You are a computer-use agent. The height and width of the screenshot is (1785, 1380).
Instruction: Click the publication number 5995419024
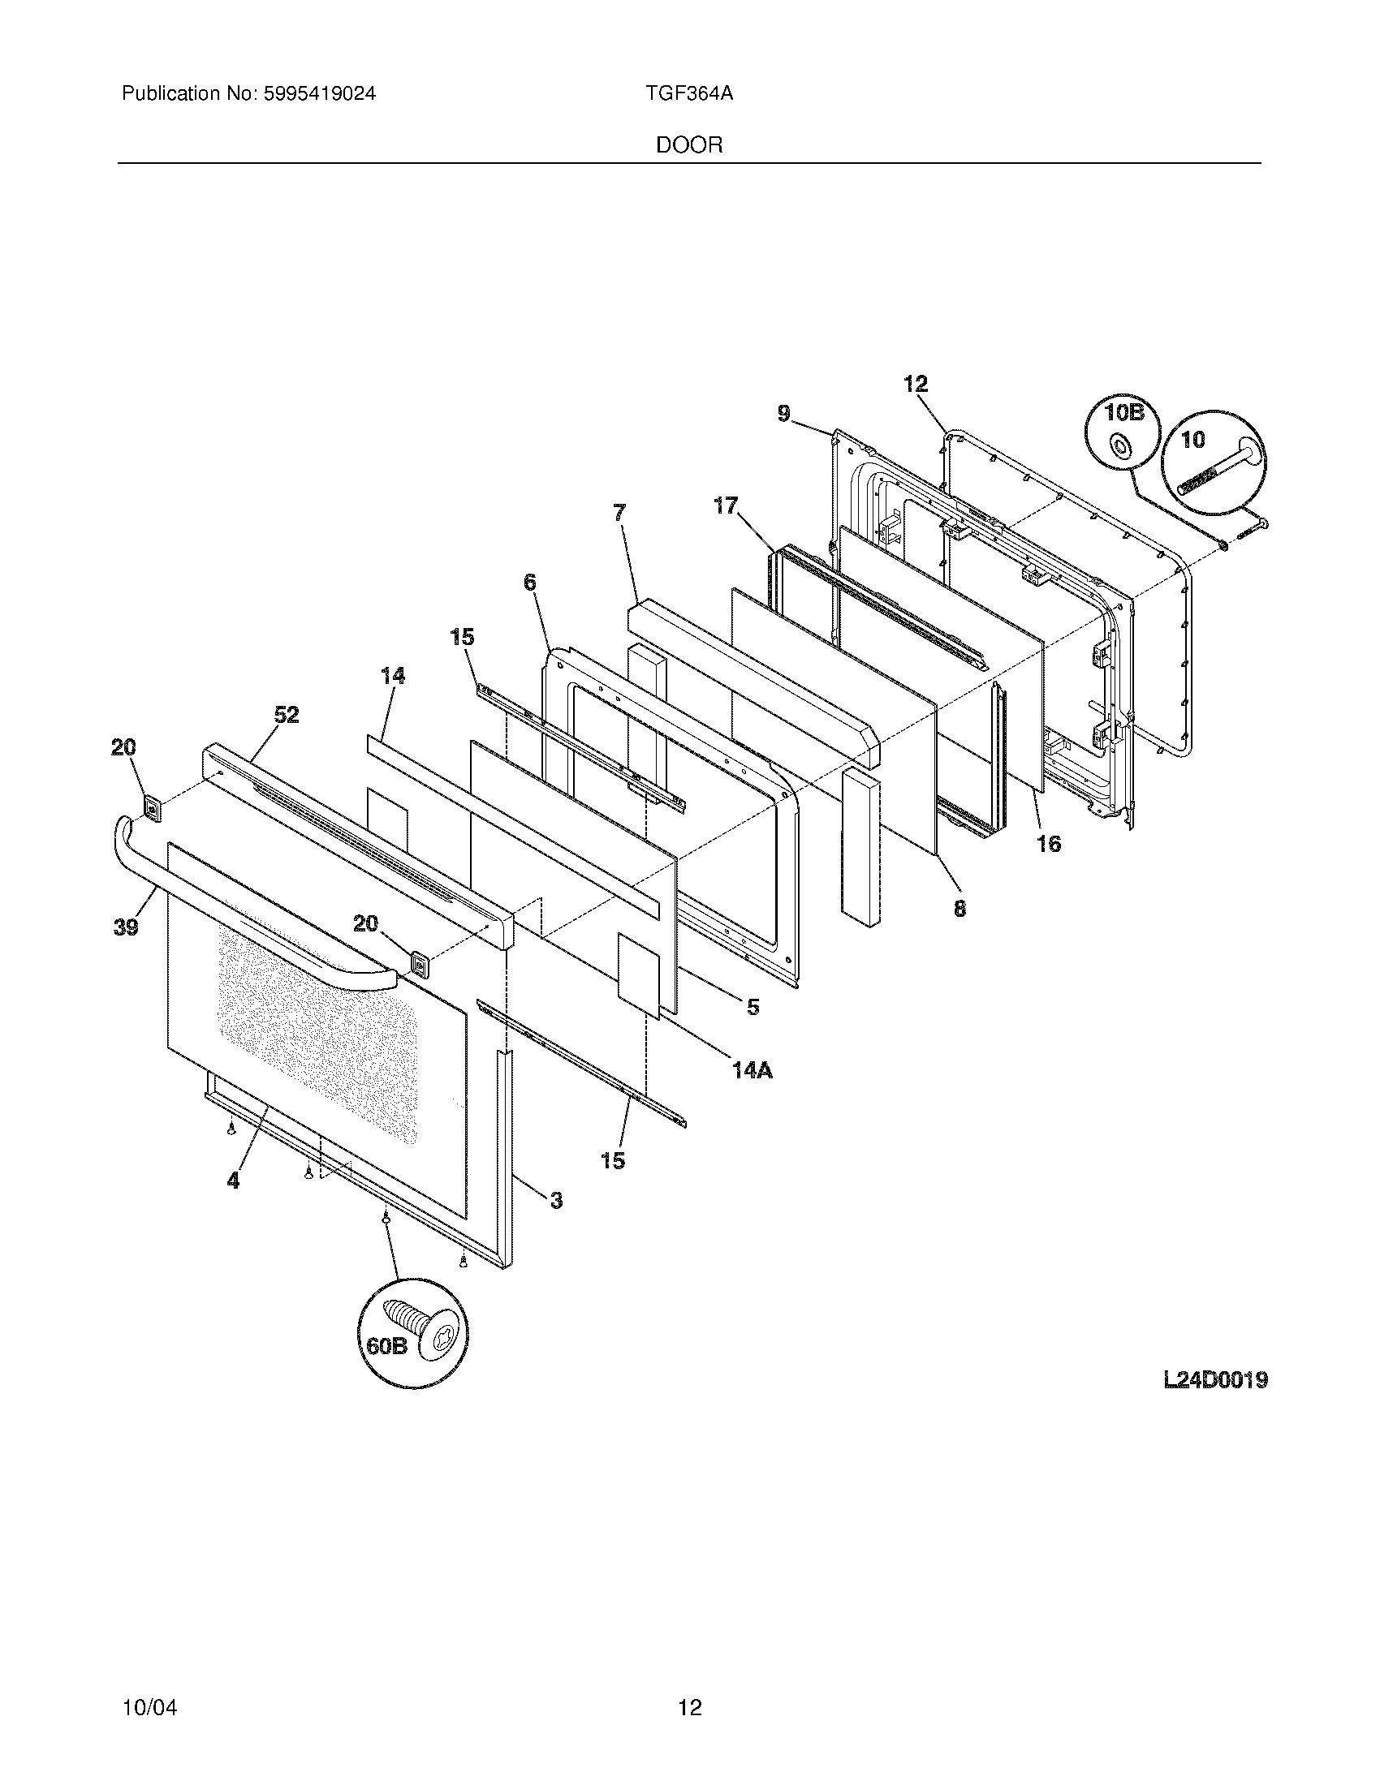click(x=319, y=94)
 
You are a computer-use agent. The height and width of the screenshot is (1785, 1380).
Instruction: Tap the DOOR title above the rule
click(x=689, y=145)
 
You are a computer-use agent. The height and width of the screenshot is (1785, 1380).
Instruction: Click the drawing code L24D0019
click(x=1215, y=1380)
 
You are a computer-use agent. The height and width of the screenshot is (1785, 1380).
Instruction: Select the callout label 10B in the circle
click(x=1123, y=413)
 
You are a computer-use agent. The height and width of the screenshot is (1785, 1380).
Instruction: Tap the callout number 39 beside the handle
click(x=126, y=927)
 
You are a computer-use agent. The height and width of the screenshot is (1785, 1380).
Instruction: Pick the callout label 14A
click(x=752, y=1069)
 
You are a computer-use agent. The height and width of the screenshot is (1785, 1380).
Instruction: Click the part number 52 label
click(x=286, y=715)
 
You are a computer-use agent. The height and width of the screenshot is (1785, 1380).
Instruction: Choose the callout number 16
click(x=1049, y=844)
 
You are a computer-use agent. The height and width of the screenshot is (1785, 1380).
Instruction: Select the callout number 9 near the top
click(x=783, y=415)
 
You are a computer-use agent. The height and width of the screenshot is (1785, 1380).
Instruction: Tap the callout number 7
click(x=619, y=513)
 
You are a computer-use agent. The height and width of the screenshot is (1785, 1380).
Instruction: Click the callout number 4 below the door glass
click(x=234, y=1180)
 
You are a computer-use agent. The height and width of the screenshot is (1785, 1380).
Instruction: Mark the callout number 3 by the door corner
click(x=556, y=1200)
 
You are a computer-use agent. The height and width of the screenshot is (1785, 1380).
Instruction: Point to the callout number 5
click(x=753, y=1007)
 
